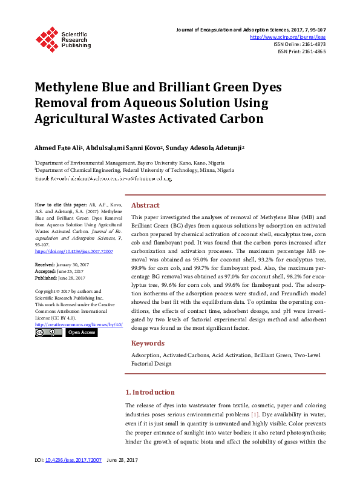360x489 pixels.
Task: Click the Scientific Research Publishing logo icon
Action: (47, 38)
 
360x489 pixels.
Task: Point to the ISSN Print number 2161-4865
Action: (312, 52)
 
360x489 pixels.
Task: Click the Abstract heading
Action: (145, 205)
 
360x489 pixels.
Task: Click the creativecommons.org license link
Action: (79, 324)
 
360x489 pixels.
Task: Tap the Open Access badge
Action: (81, 333)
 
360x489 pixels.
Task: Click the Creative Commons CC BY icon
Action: (48, 333)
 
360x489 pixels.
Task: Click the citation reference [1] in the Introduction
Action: (256, 413)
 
